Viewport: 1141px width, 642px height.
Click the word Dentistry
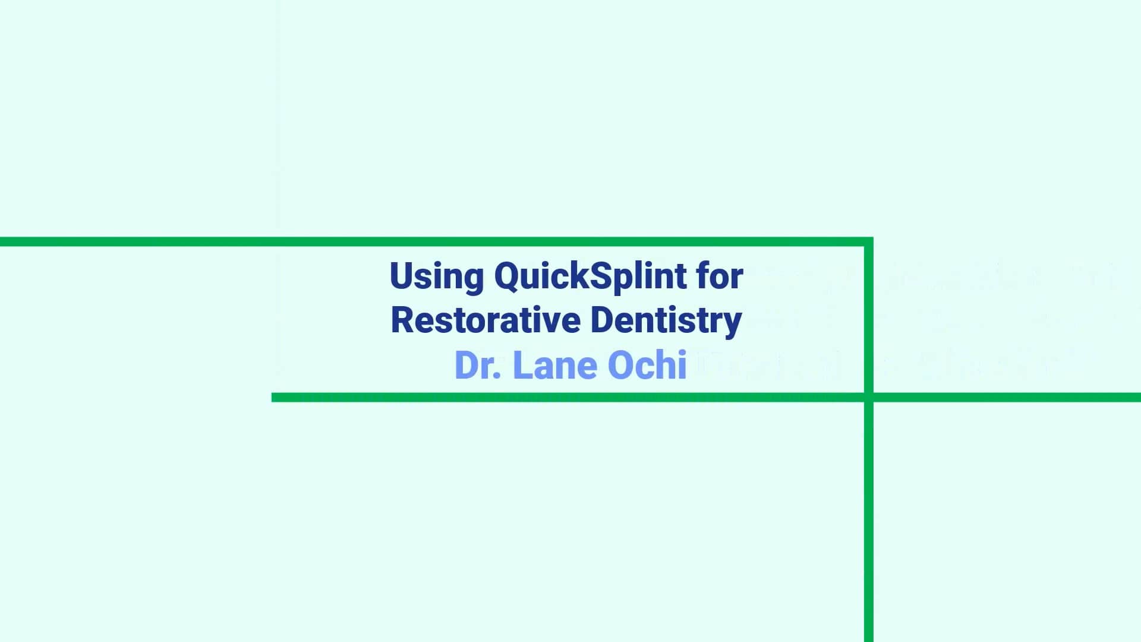pyautogui.click(x=666, y=321)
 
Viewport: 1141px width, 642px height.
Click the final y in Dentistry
pyautogui.click(x=733, y=325)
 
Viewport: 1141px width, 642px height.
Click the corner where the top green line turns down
pyautogui.click(x=868, y=242)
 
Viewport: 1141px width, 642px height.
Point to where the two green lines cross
pyautogui.click(x=868, y=397)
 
